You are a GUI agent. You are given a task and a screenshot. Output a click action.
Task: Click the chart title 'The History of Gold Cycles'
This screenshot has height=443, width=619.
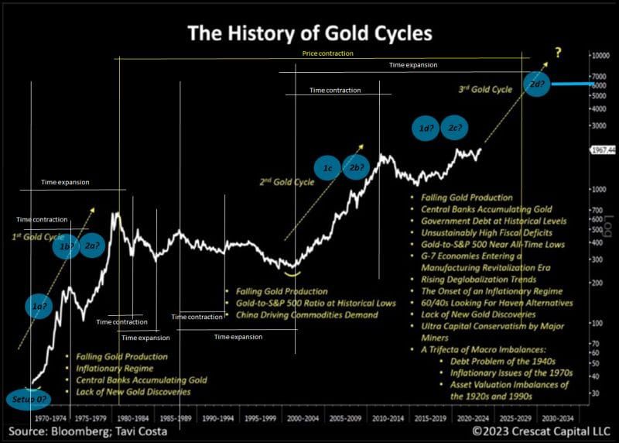click(x=309, y=33)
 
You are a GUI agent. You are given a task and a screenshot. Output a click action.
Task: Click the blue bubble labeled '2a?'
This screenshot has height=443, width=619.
click(x=93, y=246)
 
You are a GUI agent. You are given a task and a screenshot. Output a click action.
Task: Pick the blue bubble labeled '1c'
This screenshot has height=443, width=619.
click(x=328, y=168)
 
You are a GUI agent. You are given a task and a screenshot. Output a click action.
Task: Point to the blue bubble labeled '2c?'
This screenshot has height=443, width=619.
click(x=455, y=129)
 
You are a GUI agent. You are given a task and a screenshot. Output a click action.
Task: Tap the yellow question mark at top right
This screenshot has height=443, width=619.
click(x=557, y=53)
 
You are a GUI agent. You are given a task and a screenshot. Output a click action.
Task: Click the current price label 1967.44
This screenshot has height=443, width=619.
click(x=602, y=149)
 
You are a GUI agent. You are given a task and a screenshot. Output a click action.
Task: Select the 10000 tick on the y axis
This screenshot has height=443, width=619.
click(x=604, y=56)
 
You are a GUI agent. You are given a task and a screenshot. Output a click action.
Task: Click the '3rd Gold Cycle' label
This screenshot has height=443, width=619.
click(x=485, y=90)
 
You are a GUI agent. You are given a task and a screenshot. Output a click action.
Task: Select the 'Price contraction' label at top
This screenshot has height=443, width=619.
click(x=327, y=53)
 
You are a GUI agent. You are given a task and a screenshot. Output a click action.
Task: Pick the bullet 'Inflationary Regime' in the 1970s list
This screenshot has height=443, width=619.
click(x=109, y=369)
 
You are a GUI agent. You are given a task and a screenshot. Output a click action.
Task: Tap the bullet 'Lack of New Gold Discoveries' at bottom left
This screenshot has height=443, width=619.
click(x=132, y=392)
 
